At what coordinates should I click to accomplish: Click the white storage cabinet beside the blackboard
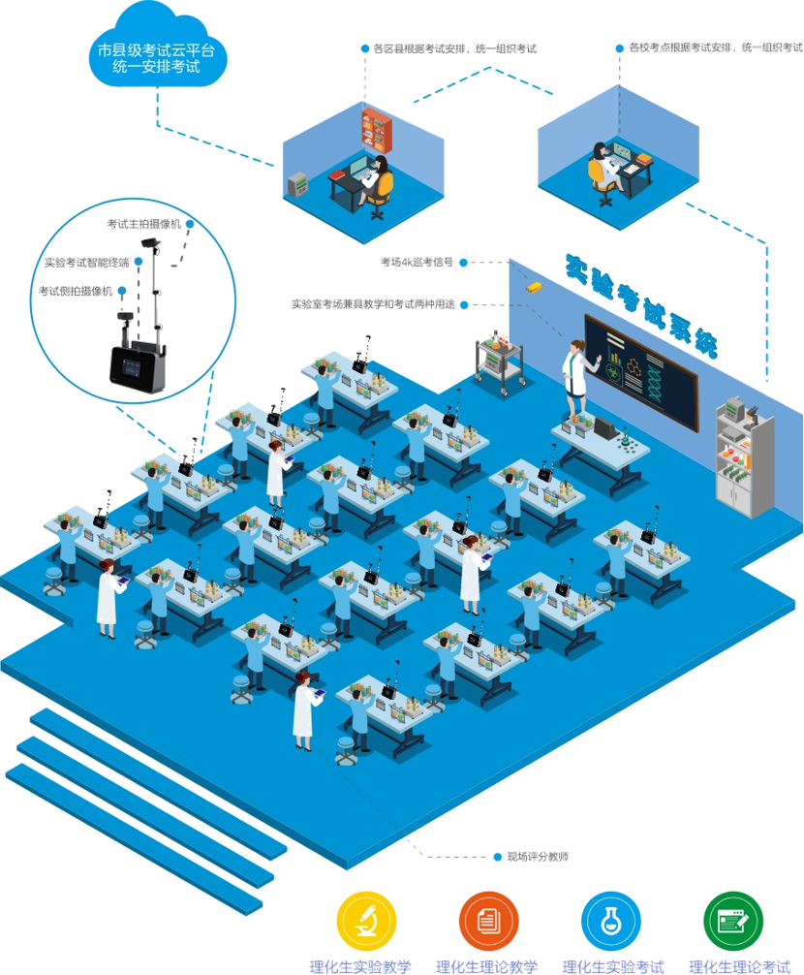(x=745, y=456)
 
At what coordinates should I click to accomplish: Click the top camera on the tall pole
(x=149, y=241)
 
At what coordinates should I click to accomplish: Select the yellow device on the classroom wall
(x=532, y=288)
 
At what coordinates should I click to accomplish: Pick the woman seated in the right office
(x=602, y=171)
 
